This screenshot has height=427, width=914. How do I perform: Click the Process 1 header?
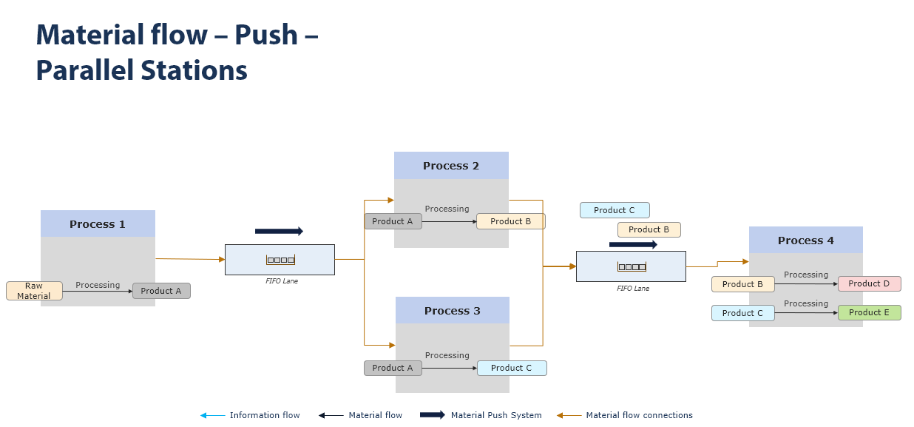pyautogui.click(x=98, y=223)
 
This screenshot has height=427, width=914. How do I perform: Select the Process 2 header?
pyautogui.click(x=451, y=166)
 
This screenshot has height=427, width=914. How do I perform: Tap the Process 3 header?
pyautogui.click(x=453, y=311)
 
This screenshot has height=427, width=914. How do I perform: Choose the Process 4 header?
pyautogui.click(x=805, y=241)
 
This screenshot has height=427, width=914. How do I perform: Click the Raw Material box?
pyautogui.click(x=34, y=291)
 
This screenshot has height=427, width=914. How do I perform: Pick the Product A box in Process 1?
pyautogui.click(x=161, y=291)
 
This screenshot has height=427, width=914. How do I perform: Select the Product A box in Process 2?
pyautogui.click(x=393, y=221)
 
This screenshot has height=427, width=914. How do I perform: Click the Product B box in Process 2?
pyautogui.click(x=510, y=221)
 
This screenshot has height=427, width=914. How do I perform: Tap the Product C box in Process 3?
pyautogui.click(x=512, y=368)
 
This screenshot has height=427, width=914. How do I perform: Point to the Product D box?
pyautogui.click(x=869, y=284)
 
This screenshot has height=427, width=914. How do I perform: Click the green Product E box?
pyautogui.click(x=869, y=312)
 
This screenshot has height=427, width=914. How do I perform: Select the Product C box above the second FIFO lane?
pyautogui.click(x=615, y=210)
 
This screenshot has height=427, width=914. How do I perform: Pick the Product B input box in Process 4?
pyautogui.click(x=742, y=284)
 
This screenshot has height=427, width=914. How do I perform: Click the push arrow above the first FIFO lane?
pyautogui.click(x=279, y=232)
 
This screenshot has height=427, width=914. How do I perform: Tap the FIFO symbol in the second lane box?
pyautogui.click(x=632, y=266)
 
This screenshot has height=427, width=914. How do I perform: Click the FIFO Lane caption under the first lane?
pyautogui.click(x=282, y=281)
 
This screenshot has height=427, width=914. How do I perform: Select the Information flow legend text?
pyautogui.click(x=265, y=415)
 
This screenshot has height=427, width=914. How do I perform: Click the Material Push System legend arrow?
pyautogui.click(x=432, y=415)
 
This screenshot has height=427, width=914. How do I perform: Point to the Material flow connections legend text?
pyautogui.click(x=639, y=415)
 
